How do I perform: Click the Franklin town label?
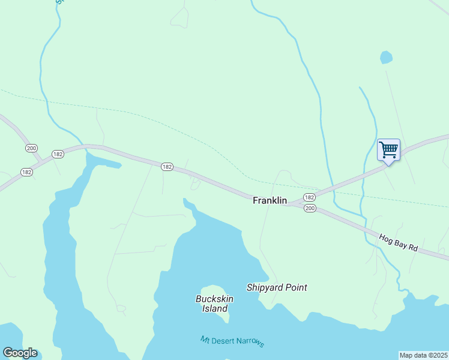(270, 200)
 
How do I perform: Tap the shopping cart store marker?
(388, 149)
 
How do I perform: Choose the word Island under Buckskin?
(214, 308)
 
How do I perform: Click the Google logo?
(20, 353)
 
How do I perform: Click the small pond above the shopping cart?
(386, 58)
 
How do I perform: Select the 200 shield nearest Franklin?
(309, 208)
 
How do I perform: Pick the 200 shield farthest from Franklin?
(31, 148)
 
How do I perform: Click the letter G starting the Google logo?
(8, 353)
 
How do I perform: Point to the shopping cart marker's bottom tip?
(388, 163)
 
